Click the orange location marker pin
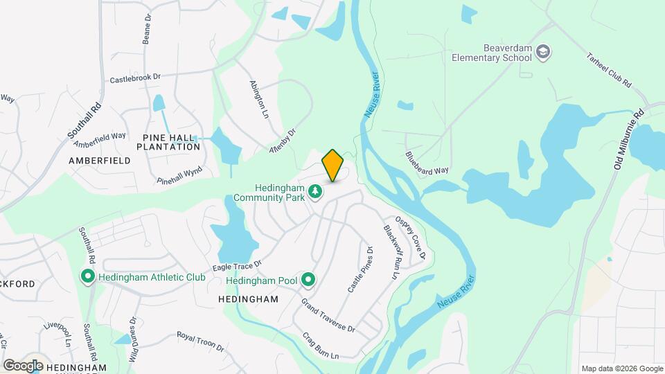(332, 165)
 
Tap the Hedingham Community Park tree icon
(316, 190)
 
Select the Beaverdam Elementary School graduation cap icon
(544, 53)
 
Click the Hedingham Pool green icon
(309, 280)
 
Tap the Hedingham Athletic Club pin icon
(88, 277)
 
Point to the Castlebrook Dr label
(135, 78)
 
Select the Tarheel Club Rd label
(610, 69)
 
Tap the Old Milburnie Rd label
(629, 139)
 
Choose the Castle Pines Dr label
(360, 269)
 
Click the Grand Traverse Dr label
(328, 315)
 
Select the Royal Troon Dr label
(200, 340)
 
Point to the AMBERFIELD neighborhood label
(100, 160)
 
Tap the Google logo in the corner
(23, 366)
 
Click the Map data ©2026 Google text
(621, 368)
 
